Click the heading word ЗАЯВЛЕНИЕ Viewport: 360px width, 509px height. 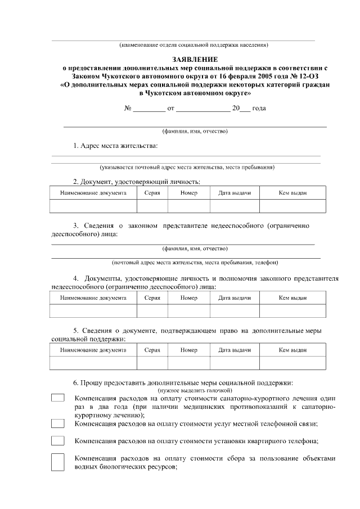pyautogui.click(x=194, y=58)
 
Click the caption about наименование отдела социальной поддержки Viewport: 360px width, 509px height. pyautogui.click(x=193, y=44)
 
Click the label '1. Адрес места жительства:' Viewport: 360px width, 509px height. pyautogui.click(x=115, y=146)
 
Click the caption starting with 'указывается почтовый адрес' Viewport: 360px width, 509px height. pyautogui.click(x=187, y=167)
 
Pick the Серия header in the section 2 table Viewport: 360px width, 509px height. pyautogui.click(x=152, y=193)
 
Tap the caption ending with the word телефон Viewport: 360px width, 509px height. pyautogui.click(x=195, y=262)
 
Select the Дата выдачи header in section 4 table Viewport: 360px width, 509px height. pyautogui.click(x=235, y=297)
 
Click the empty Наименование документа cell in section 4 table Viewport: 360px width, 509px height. pyautogui.click(x=93, y=311)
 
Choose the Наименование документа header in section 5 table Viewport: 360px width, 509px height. pyautogui.click(x=93, y=350)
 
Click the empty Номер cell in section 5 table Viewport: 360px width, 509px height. pyautogui.click(x=189, y=363)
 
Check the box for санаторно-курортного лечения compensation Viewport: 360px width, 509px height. pyautogui.click(x=58, y=398)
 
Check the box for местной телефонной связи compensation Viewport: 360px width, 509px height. pyautogui.click(x=58, y=423)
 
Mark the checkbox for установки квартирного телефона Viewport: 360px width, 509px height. pyautogui.click(x=58, y=440)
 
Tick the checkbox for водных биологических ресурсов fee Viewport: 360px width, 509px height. pyautogui.click(x=58, y=462)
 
